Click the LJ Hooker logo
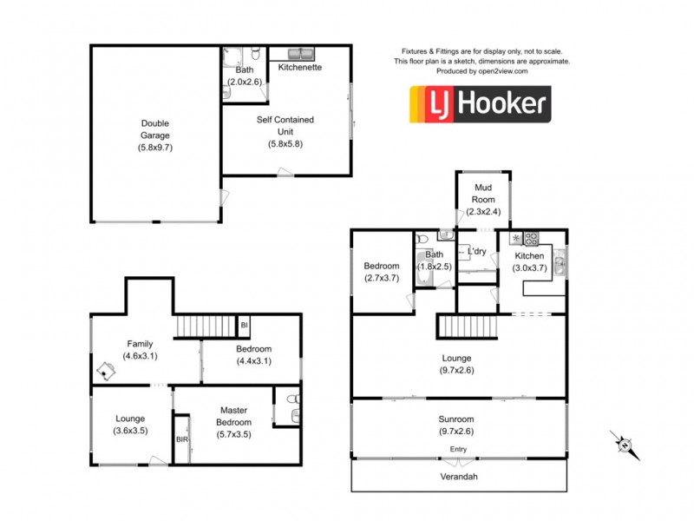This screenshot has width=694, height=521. [x=480, y=105]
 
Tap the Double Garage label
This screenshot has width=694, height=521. [x=156, y=129]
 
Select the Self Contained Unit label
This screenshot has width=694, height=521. [x=285, y=125]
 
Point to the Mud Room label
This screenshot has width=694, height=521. [x=483, y=194]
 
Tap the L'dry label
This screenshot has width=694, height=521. [x=476, y=252]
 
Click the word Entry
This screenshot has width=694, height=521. [x=458, y=448]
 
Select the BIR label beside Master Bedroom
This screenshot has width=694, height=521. [x=182, y=439]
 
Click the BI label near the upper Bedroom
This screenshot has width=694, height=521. [x=245, y=325]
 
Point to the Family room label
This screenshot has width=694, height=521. [x=140, y=344]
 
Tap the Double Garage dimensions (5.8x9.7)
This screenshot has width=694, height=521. [x=156, y=148]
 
